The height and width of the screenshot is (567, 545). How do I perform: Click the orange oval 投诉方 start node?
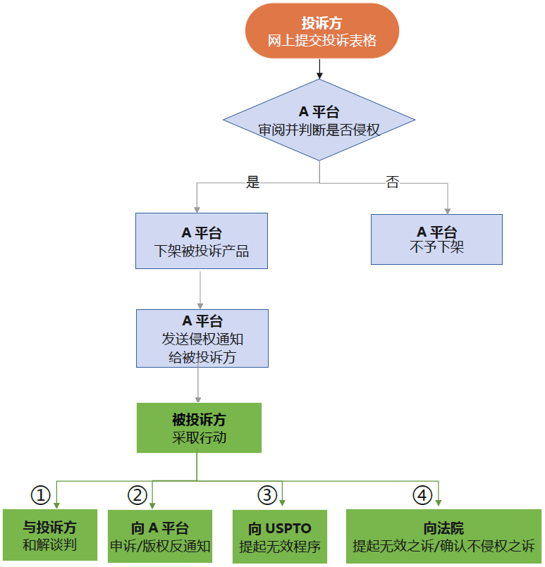(322, 31)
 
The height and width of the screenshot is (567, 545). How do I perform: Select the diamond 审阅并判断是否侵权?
(319, 120)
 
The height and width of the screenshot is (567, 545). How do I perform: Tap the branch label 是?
(252, 182)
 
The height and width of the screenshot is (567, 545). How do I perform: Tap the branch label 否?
(392, 182)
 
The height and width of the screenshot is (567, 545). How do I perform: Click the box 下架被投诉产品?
(201, 242)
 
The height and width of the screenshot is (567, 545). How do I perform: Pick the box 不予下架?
(436, 239)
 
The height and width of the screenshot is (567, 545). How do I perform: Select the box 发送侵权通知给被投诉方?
(202, 338)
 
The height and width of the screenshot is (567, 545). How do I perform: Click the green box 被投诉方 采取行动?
(199, 428)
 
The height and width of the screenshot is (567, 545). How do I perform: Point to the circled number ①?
(41, 495)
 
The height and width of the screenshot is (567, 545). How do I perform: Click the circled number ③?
(267, 495)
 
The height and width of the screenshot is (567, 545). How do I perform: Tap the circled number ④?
(422, 495)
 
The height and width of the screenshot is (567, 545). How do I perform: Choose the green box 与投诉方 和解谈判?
(49, 535)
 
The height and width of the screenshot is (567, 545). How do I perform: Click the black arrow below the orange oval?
(319, 69)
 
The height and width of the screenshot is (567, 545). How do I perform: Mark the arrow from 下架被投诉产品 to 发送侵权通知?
(201, 289)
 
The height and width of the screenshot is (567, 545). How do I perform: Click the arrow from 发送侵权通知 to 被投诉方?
(198, 385)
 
